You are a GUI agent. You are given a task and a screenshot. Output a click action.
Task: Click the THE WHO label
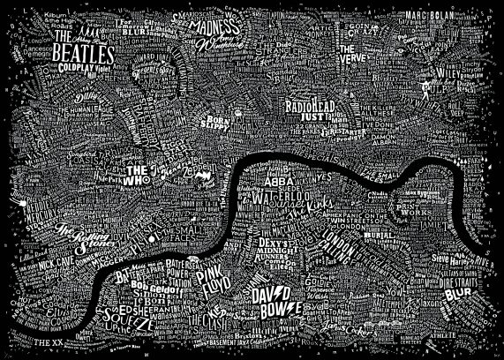coord(139,171)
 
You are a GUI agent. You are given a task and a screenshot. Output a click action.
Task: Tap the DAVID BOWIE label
coord(278,300)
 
